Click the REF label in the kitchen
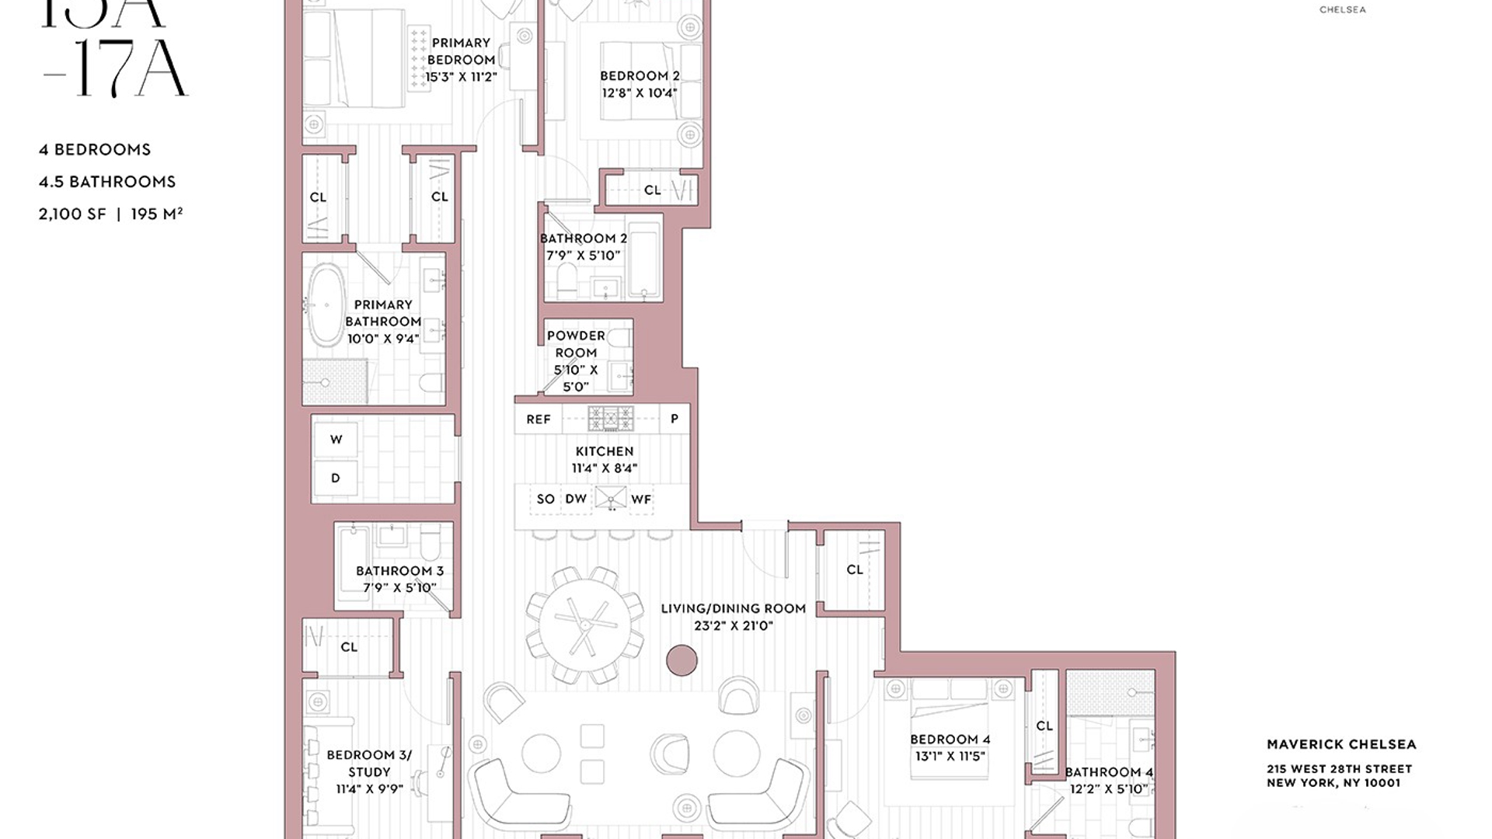point(538,419)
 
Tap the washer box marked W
point(336,440)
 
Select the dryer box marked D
point(336,478)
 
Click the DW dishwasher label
point(576,499)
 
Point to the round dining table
point(585,624)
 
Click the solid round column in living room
point(682,660)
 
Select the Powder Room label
point(576,344)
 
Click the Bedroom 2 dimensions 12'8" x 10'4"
point(640,92)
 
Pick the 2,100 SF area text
point(72,214)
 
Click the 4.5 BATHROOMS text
point(107,182)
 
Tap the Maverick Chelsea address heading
point(1341,744)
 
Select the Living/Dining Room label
point(733,608)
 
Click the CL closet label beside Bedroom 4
point(1044,726)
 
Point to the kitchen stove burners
point(611,419)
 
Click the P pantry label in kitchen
point(674,419)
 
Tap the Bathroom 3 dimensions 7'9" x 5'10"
point(399,587)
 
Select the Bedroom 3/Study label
point(369,763)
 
